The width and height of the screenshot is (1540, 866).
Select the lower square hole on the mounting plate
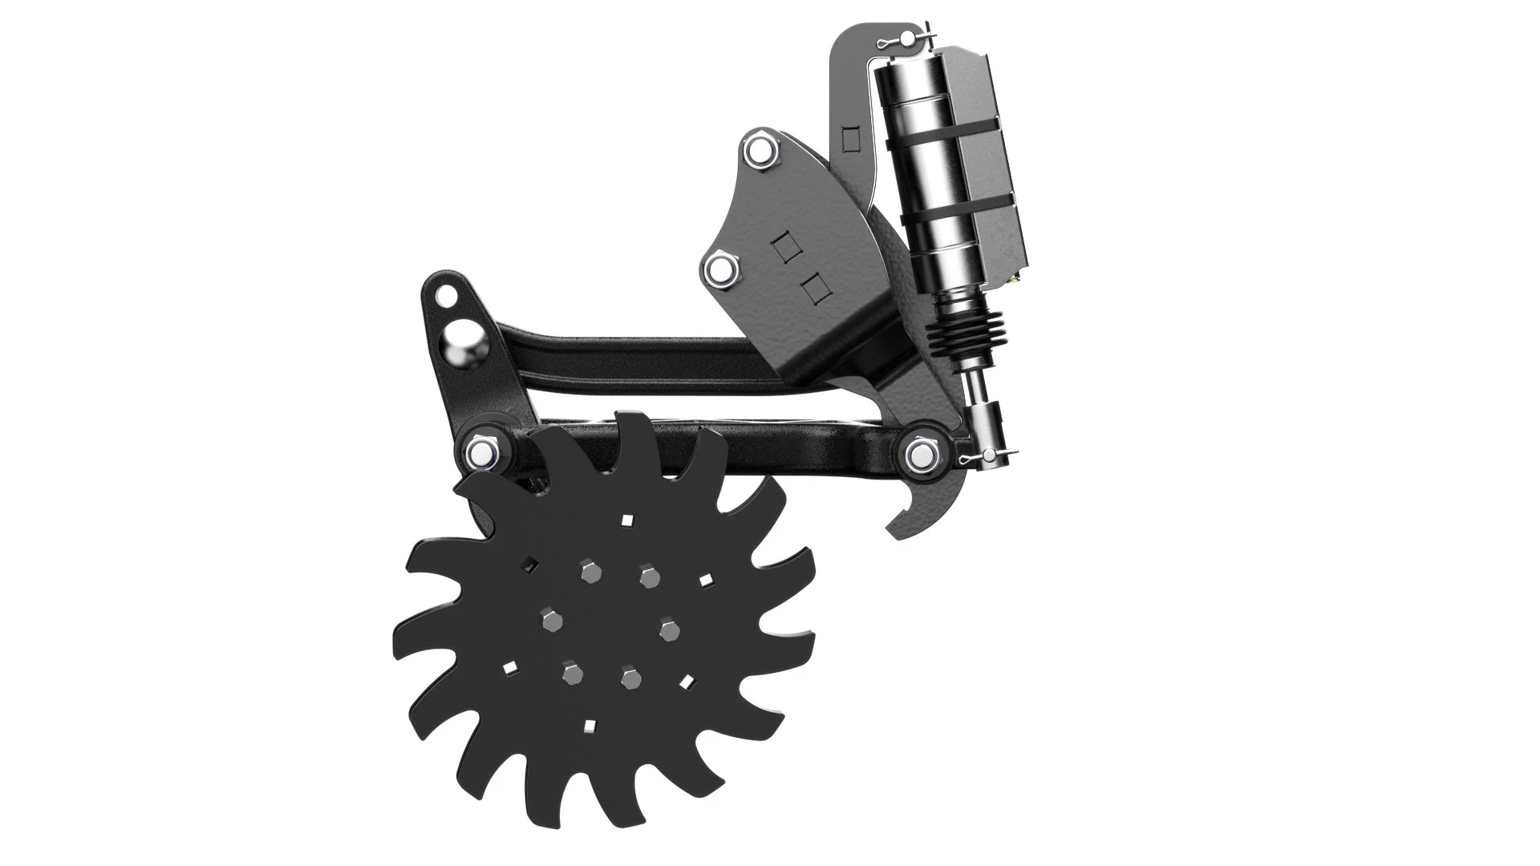click(816, 285)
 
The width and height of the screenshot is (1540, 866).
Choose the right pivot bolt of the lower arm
click(920, 454)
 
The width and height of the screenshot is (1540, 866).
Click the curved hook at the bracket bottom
click(914, 513)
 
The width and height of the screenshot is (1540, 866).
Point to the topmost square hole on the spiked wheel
click(627, 520)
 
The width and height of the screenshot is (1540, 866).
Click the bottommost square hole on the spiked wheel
click(590, 726)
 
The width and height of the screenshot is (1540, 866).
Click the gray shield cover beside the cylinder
click(995, 160)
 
